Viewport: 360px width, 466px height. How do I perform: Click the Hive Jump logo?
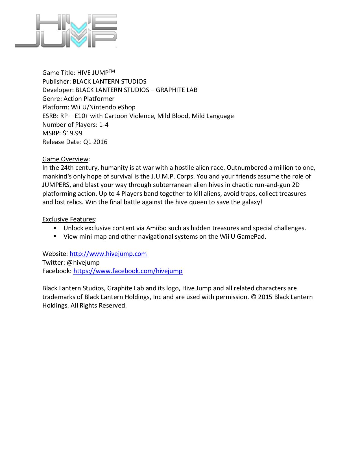pyautogui.click(x=66, y=31)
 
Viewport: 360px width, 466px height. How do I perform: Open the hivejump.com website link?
pyautogui.click(x=108, y=254)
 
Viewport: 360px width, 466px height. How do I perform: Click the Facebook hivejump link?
pyautogui.click(x=128, y=271)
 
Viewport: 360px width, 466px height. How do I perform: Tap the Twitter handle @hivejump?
pyautogui.click(x=83, y=262)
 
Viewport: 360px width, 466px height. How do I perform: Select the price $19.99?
pyautogui.click(x=73, y=133)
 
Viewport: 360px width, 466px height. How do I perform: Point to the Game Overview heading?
pyautogui.click(x=65, y=159)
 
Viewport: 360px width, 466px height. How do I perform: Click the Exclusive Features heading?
pyautogui.click(x=69, y=219)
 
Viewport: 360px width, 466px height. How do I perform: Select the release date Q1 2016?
pyautogui.click(x=95, y=142)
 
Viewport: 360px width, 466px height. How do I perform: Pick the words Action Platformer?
pyautogui.click(x=89, y=99)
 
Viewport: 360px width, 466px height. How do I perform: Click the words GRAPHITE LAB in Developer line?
pyautogui.click(x=176, y=90)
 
